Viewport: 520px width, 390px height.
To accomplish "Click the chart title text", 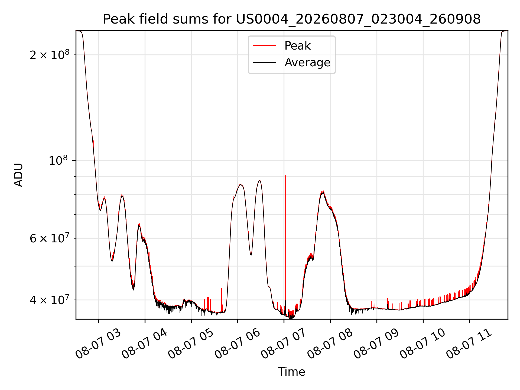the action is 292,19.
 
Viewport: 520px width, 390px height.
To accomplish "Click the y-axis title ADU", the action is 18,175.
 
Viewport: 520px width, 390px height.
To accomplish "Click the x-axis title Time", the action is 292,372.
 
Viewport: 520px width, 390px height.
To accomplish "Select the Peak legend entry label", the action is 297,46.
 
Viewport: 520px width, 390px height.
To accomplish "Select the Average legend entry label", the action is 307,63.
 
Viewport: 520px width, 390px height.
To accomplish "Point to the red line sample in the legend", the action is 264,46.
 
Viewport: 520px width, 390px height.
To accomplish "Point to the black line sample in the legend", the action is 264,63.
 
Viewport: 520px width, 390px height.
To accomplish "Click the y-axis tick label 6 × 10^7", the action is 50,238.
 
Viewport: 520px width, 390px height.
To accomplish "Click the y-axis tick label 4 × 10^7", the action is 50,300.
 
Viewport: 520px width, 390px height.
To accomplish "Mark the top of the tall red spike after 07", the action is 285,176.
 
